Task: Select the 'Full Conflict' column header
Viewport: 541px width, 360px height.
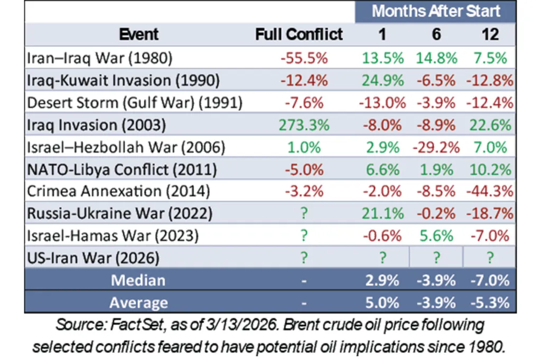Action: [x=299, y=34]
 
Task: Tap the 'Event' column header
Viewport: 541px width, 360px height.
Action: [x=138, y=34]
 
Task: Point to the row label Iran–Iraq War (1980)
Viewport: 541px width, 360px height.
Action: [x=99, y=58]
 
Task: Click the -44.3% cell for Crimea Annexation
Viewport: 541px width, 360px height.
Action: [x=490, y=191]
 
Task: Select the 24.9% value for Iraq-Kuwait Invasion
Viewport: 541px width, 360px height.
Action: [x=382, y=81]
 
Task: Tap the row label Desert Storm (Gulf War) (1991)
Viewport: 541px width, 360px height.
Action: [x=134, y=103]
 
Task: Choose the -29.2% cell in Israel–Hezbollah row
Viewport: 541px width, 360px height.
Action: [x=436, y=147]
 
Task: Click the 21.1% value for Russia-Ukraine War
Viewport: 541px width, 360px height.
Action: [x=382, y=213]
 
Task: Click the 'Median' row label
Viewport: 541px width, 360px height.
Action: [x=138, y=281]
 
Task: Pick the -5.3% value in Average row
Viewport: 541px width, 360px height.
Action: [x=490, y=302]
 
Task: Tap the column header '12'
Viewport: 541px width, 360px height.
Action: [x=490, y=34]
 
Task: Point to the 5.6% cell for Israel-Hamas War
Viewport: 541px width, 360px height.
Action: [x=436, y=235]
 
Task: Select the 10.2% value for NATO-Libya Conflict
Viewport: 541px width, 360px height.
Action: [x=490, y=169]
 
